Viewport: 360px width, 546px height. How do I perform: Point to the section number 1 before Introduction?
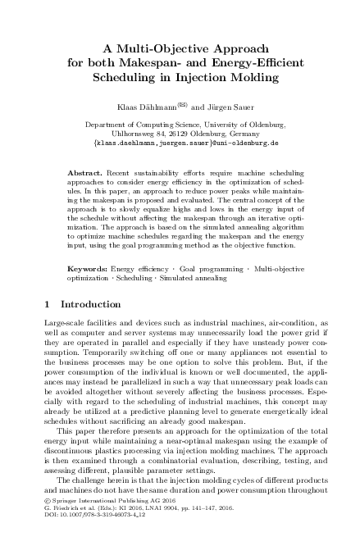point(46,305)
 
